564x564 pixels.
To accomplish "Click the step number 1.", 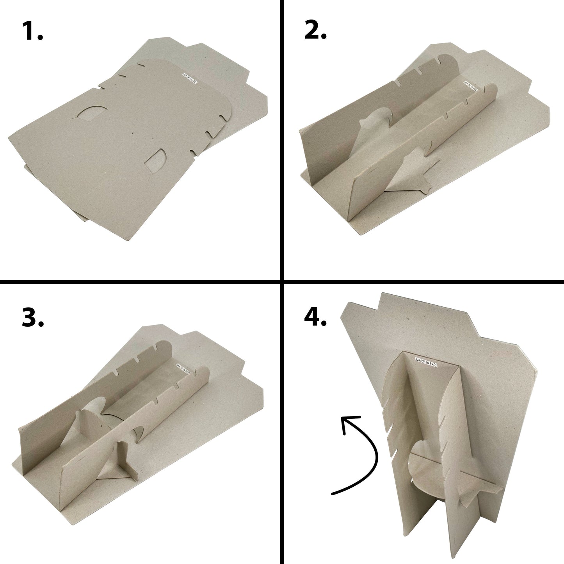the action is coord(32,31).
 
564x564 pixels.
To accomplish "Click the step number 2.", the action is coord(315,29).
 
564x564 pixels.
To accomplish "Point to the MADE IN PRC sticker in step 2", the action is coord(471,86).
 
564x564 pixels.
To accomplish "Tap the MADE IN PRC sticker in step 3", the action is coord(183,369).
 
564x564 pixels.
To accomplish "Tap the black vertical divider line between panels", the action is coord(282,282).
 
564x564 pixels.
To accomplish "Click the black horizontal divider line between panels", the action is coord(282,282).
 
